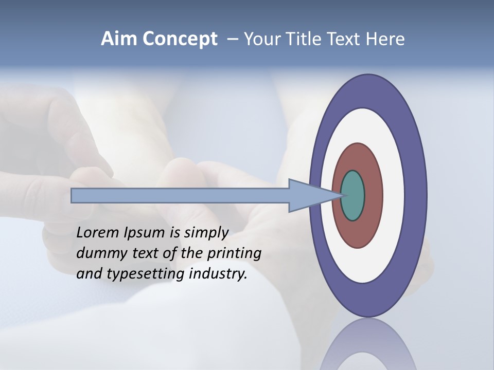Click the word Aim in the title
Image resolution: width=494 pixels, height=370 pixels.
click(119, 39)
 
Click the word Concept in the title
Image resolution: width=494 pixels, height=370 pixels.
click(180, 39)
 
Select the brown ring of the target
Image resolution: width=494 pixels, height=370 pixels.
click(373, 195)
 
